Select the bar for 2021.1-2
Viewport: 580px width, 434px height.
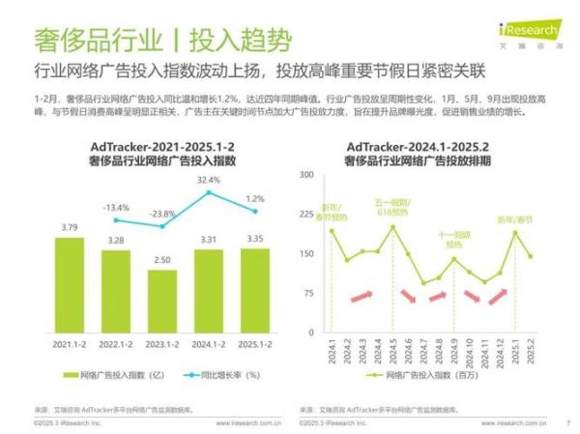point(70,286)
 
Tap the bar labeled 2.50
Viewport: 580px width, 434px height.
point(162,302)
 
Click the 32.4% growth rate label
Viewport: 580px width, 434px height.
point(208,180)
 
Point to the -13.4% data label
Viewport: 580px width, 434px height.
point(116,208)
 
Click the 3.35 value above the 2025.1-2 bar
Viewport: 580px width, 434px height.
point(255,239)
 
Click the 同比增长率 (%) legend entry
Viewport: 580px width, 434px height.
point(220,373)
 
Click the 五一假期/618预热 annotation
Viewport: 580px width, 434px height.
point(391,208)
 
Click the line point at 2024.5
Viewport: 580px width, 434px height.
point(392,227)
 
